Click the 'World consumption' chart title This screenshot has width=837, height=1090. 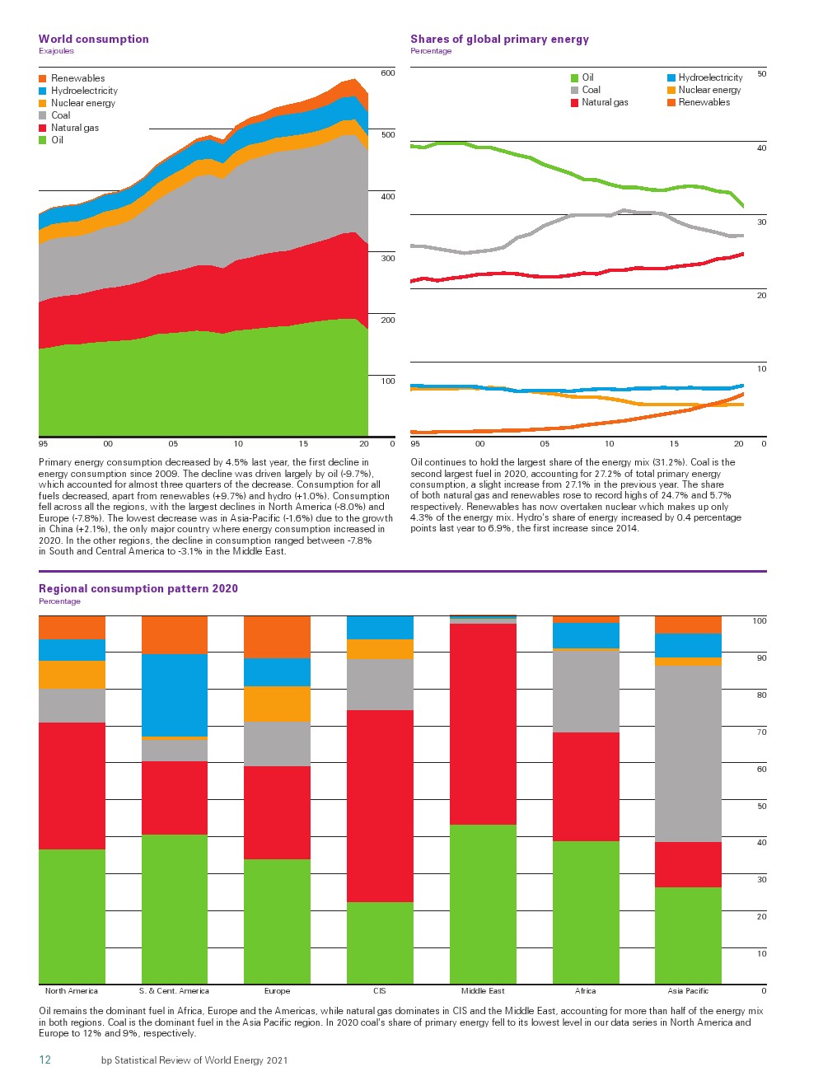[x=93, y=39]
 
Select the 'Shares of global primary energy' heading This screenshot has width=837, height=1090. [x=499, y=39]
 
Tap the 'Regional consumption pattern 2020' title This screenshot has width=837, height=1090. [x=138, y=588]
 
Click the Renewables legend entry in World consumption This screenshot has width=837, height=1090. [x=77, y=78]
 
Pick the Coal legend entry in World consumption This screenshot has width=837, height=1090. [x=60, y=115]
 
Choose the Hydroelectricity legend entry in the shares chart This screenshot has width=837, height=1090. [x=710, y=77]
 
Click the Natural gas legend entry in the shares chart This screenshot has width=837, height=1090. [x=605, y=102]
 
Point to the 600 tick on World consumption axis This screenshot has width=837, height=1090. [x=387, y=73]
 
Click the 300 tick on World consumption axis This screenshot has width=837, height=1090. [x=387, y=259]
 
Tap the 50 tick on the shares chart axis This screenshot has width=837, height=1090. [x=761, y=74]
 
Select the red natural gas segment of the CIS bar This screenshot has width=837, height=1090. [x=380, y=806]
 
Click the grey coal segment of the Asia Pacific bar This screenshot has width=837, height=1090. [x=688, y=753]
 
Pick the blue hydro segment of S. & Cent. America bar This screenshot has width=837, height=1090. [x=175, y=695]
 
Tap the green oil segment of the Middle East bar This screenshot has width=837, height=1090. [x=483, y=904]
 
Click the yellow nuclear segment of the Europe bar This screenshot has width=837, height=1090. [x=277, y=704]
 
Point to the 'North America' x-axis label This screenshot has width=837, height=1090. [x=72, y=991]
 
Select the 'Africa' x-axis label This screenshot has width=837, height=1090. [x=585, y=991]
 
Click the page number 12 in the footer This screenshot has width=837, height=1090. [x=44, y=1060]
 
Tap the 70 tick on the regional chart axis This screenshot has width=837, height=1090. [x=761, y=732]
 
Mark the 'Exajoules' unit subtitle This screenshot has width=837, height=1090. [x=56, y=51]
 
